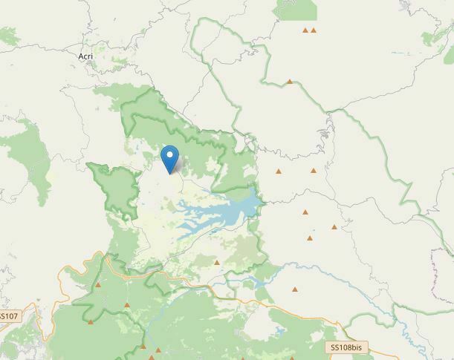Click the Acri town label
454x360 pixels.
pyautogui.click(x=85, y=56)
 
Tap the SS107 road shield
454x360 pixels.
pyautogui.click(x=9, y=316)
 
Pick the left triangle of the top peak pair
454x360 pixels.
pyautogui.click(x=305, y=30)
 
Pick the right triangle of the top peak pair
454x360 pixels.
pyautogui.click(x=314, y=30)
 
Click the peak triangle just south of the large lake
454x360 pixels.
pyautogui.click(x=216, y=262)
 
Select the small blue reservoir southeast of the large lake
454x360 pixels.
pyautogui.click(x=256, y=282)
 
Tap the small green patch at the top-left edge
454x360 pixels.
pyautogui.click(x=7, y=33)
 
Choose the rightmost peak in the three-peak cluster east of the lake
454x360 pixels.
pyautogui.click(x=334, y=227)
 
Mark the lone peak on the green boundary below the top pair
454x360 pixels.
pyautogui.click(x=290, y=82)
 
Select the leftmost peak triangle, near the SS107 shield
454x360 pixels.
pyautogui.click(x=91, y=322)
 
